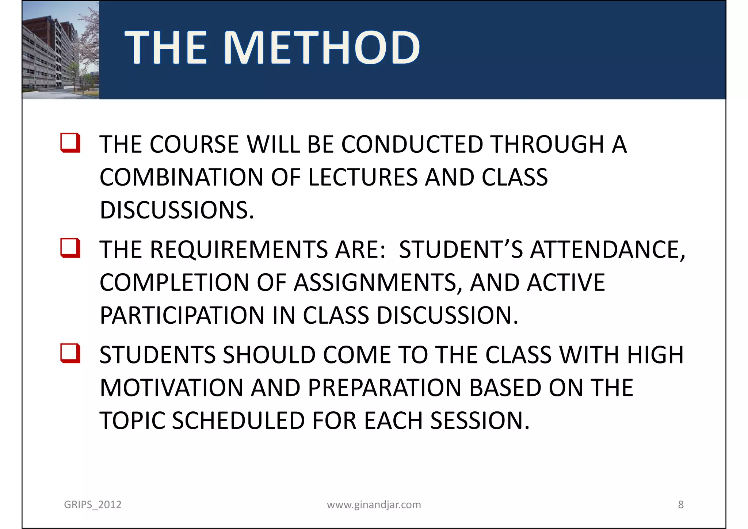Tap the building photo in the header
coord(60,50)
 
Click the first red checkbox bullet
coord(70,143)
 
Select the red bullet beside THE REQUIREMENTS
coord(70,248)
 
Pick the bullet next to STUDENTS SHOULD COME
coord(70,353)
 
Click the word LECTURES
coord(363,178)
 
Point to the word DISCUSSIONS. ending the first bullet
coord(177,210)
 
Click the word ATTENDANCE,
coord(608,250)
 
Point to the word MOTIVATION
coord(171,388)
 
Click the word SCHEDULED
coord(238,421)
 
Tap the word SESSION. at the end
coord(480,421)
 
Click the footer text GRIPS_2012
coord(92,505)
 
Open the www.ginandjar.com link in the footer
coord(374,505)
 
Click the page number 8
coord(681,505)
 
